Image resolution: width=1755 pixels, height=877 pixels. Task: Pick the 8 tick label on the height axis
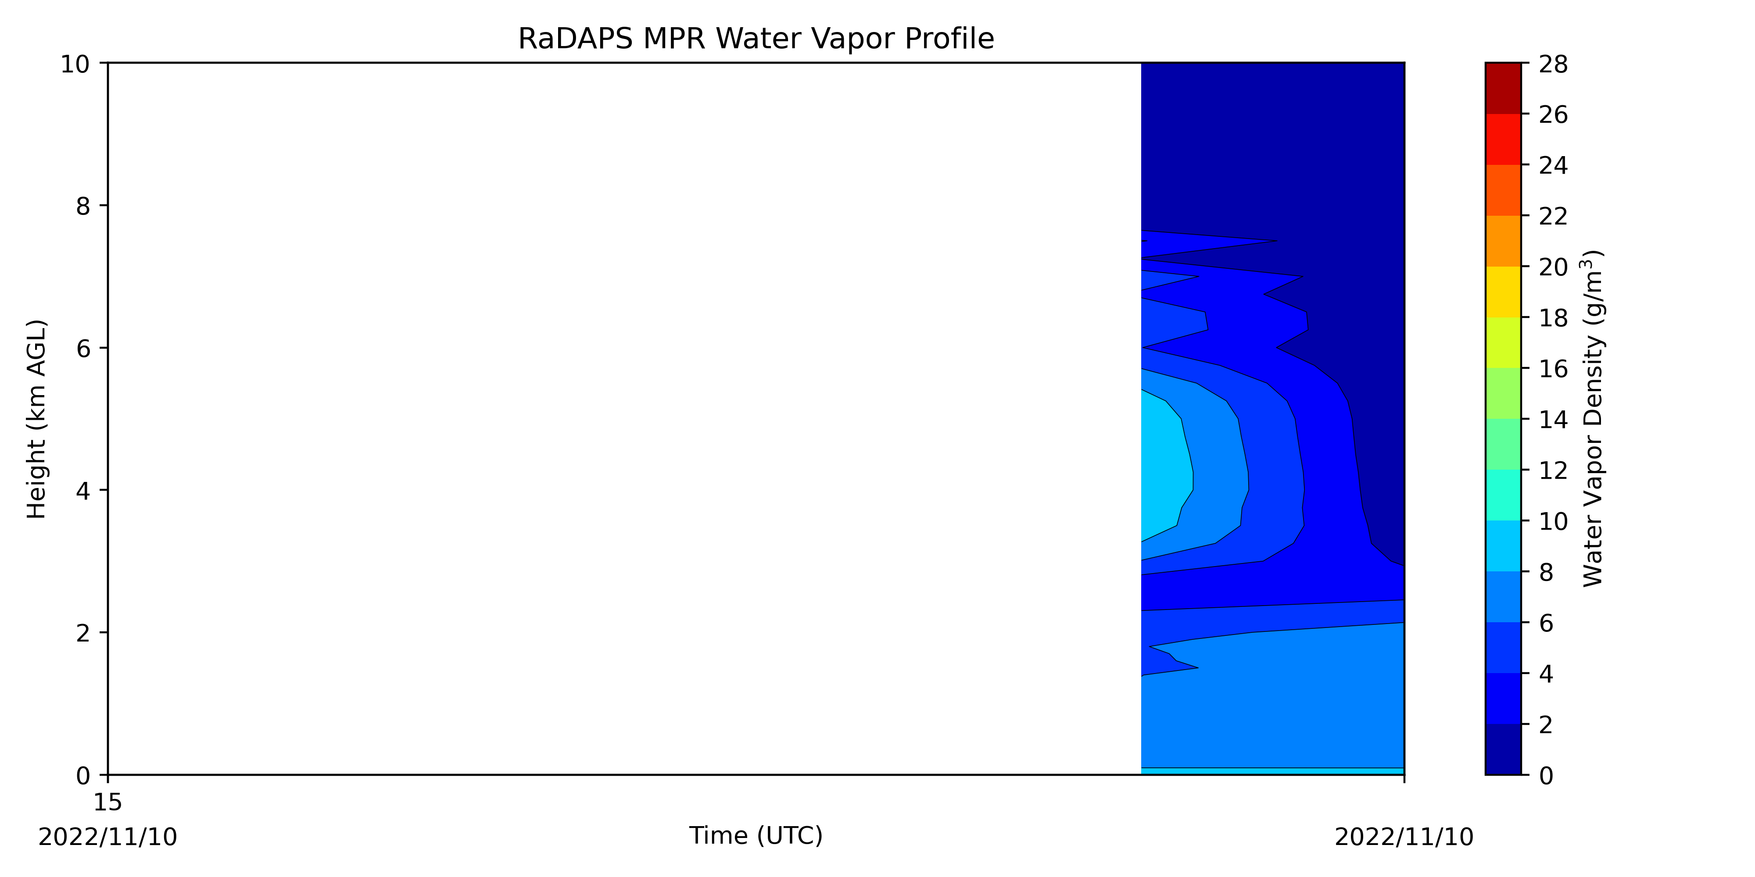[83, 206]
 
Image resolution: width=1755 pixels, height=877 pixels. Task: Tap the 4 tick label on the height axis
[83, 490]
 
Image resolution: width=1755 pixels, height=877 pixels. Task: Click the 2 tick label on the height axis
[83, 633]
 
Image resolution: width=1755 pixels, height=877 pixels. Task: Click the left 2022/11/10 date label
[107, 836]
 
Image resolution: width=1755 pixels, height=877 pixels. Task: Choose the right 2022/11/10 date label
[1404, 836]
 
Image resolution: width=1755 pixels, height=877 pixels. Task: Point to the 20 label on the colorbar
[1553, 267]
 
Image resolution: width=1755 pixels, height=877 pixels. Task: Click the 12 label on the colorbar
[1553, 470]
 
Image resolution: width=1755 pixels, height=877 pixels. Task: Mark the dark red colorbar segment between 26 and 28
[1503, 89]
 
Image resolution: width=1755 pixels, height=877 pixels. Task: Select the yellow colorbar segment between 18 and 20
[1503, 292]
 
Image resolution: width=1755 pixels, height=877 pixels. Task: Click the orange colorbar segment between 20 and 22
[1503, 241]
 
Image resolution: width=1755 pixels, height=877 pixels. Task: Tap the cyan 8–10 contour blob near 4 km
[1164, 470]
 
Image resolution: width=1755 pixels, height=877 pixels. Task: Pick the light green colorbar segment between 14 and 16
[1503, 393]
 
